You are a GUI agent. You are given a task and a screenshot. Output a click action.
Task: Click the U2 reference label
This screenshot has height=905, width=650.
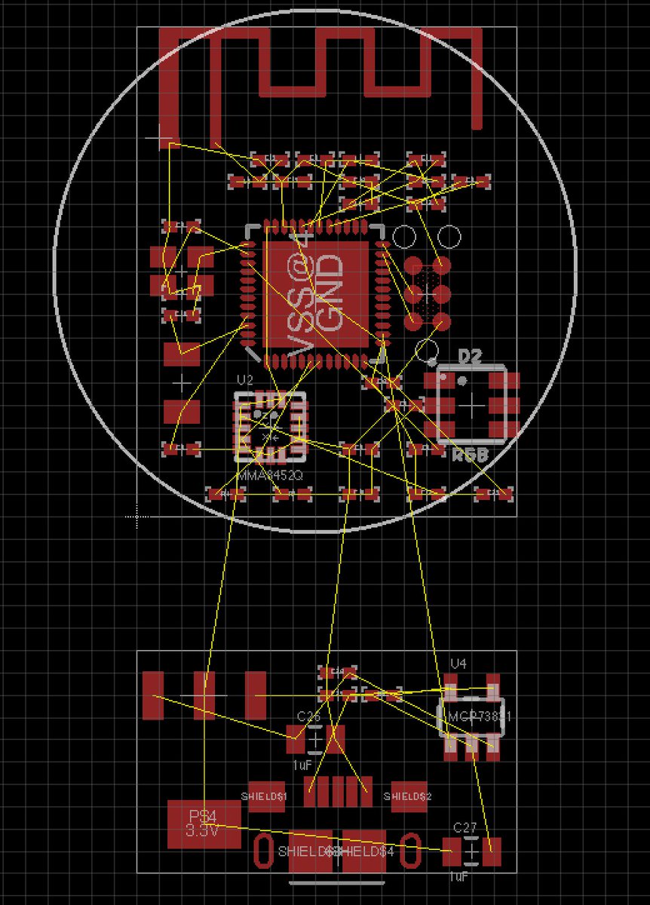[x=244, y=379]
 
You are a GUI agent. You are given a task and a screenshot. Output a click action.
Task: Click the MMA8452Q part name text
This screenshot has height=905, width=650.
[x=268, y=475]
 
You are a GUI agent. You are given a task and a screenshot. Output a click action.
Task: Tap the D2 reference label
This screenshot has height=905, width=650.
[x=469, y=357]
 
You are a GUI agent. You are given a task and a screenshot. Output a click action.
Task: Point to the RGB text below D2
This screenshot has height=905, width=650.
[x=470, y=455]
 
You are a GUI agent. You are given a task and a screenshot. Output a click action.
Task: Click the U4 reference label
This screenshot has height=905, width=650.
[x=458, y=664]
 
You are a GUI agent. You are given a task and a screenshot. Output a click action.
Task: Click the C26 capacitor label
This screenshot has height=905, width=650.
[x=309, y=716]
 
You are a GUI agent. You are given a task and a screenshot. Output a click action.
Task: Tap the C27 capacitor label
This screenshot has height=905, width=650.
[x=465, y=827]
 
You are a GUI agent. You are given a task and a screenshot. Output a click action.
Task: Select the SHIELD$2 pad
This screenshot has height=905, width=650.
[x=409, y=796]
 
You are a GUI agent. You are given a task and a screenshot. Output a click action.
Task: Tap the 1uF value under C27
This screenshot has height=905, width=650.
[x=459, y=877]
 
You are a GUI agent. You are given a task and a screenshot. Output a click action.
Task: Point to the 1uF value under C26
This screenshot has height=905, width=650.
[x=302, y=765]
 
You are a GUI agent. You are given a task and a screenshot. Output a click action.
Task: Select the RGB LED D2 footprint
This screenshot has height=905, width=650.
[x=473, y=405]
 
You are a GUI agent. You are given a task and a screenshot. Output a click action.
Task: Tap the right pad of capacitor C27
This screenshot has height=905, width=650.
[x=493, y=851]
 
